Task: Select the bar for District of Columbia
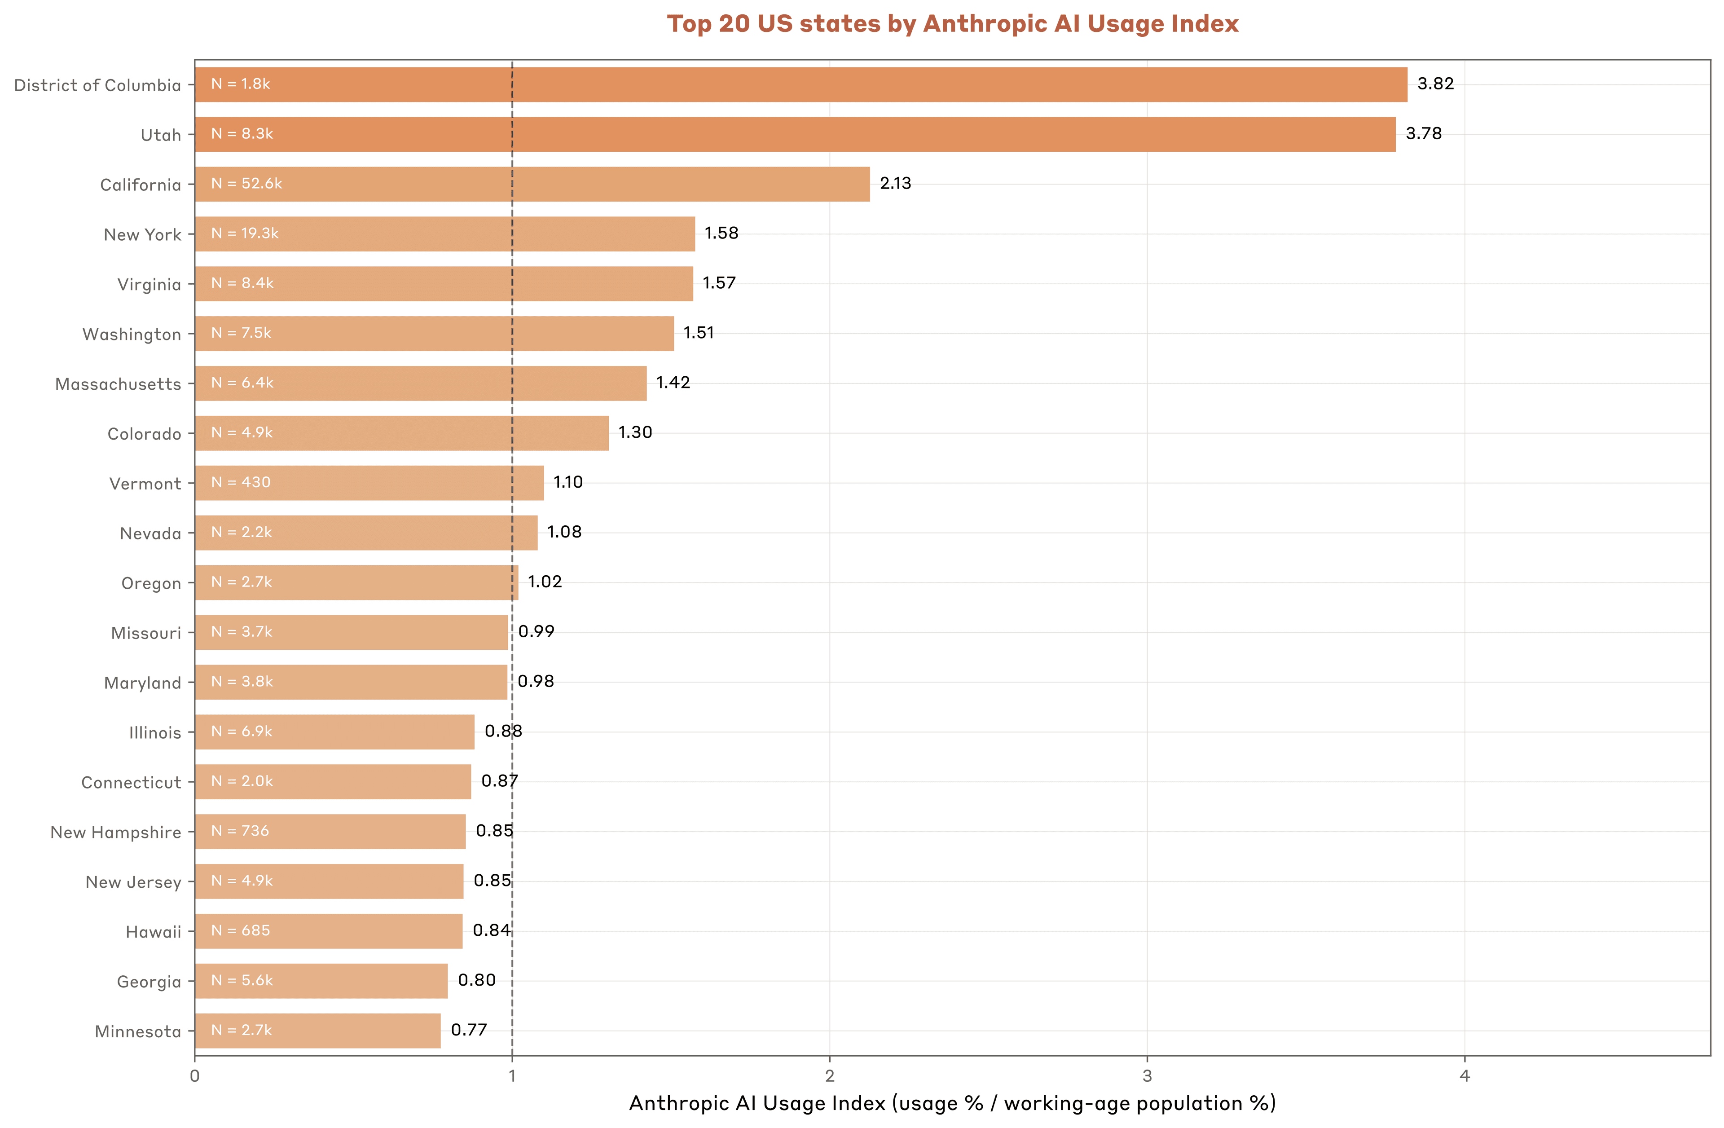[x=800, y=85]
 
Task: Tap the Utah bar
[x=795, y=135]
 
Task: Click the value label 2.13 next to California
[x=895, y=183]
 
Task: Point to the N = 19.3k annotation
[x=245, y=234]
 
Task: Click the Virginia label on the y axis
[x=149, y=284]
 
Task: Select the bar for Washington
[x=434, y=333]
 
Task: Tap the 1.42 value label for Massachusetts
[x=673, y=383]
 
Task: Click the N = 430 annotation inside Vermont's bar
[x=241, y=482]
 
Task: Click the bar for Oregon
[x=356, y=582]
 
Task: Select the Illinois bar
[x=334, y=731]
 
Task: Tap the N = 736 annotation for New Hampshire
[x=240, y=831]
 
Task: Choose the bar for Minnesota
[x=317, y=1030]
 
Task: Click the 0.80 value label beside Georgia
[x=477, y=980]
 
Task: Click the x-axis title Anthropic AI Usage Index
[x=952, y=1103]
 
